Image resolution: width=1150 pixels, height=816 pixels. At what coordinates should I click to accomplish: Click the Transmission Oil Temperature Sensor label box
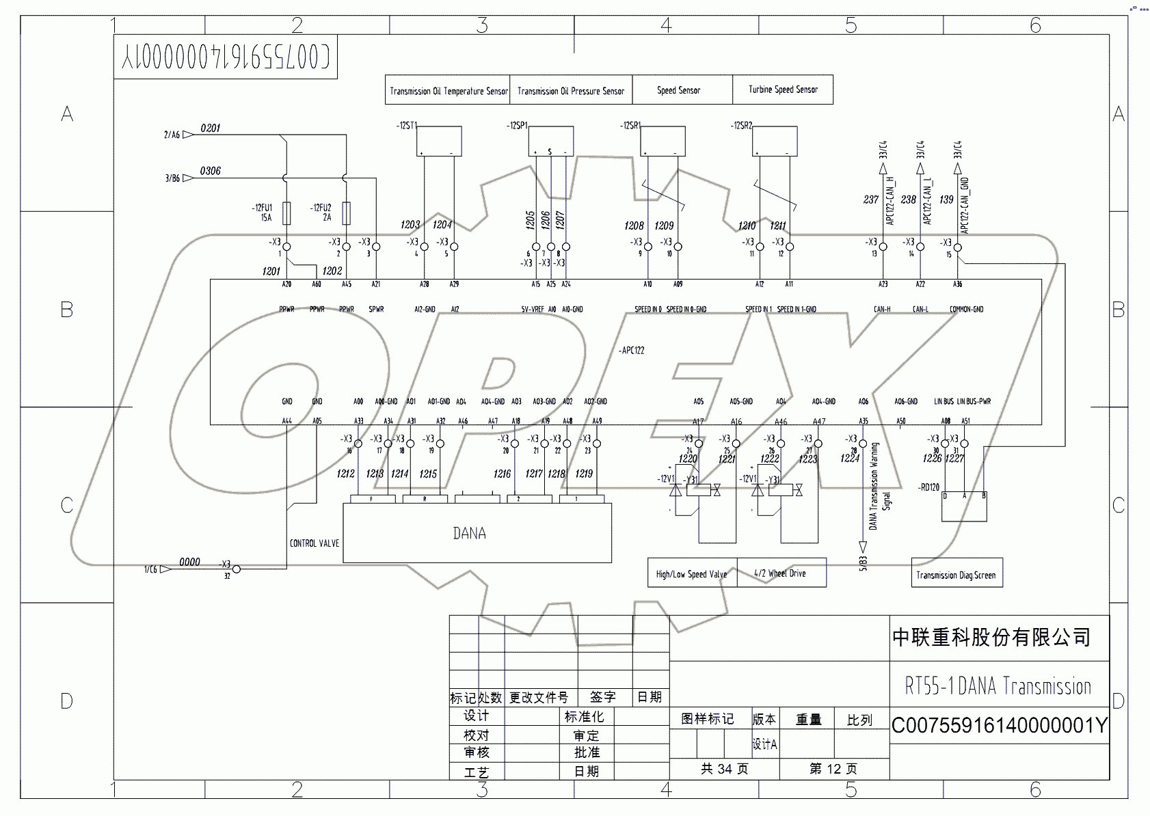point(448,90)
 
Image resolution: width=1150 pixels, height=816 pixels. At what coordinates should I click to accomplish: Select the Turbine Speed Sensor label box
point(783,90)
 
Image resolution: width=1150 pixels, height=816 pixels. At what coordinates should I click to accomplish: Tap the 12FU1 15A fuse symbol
point(286,213)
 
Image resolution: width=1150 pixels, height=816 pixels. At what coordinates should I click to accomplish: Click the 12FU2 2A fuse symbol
point(346,213)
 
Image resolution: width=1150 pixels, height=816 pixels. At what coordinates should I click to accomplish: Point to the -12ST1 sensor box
point(439,141)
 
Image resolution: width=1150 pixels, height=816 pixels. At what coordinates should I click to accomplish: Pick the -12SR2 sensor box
point(775,141)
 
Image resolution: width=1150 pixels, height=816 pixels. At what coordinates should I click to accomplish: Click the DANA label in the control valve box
point(470,533)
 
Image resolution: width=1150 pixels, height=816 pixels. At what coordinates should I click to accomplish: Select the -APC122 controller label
point(632,351)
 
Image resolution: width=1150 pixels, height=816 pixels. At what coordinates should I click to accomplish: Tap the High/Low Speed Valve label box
point(692,574)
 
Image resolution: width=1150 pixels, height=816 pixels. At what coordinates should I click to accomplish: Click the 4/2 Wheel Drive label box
point(781,573)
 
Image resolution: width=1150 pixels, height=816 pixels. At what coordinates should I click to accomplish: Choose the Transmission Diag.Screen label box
point(956,575)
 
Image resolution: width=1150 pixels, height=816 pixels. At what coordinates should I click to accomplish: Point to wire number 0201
point(211,128)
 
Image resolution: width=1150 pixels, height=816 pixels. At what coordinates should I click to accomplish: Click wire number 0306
point(211,171)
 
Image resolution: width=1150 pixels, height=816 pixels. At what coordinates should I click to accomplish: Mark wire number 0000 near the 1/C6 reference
point(189,562)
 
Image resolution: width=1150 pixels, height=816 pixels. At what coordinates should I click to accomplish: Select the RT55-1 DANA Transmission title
point(998,685)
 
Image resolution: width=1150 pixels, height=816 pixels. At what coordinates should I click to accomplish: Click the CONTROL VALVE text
point(315,543)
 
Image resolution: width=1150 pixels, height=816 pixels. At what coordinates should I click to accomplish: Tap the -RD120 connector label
point(929,487)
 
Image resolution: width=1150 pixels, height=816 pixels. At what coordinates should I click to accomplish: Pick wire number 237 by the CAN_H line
point(870,200)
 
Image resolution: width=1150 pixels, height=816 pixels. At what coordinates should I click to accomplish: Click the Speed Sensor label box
point(679,90)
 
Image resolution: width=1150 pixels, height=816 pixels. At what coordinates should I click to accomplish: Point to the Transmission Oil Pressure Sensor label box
point(571,91)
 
